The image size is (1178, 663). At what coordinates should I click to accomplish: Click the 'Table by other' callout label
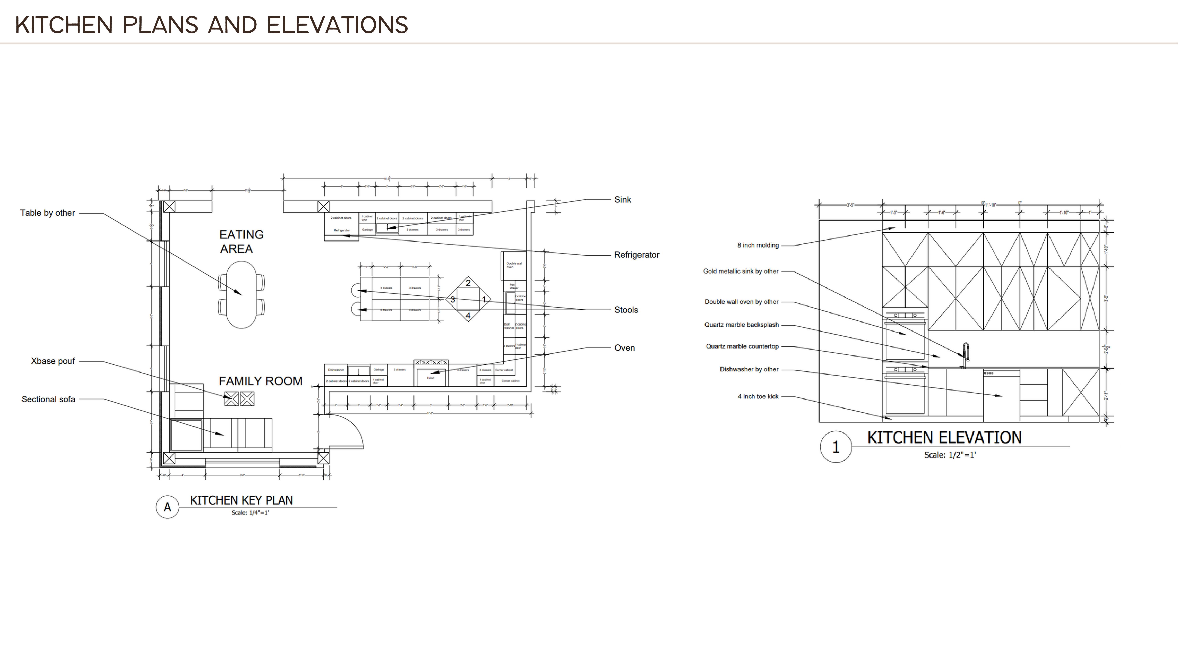click(x=48, y=213)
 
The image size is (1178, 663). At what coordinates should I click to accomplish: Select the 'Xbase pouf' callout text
click(x=53, y=361)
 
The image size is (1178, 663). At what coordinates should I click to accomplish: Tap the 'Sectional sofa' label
click(x=48, y=399)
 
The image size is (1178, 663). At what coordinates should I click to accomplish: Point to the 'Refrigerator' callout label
click(x=637, y=255)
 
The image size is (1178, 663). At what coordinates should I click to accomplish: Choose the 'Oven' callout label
click(x=624, y=348)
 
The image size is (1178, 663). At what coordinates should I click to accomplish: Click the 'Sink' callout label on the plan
click(x=622, y=200)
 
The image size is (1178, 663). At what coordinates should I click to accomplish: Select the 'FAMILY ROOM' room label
click(x=260, y=381)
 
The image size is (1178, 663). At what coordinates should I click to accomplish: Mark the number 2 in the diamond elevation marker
click(x=468, y=283)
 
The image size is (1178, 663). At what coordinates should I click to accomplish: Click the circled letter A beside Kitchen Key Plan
click(x=167, y=507)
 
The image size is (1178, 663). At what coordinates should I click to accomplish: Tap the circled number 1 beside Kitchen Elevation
click(x=835, y=447)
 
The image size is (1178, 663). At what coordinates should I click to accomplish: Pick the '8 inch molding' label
click(x=758, y=245)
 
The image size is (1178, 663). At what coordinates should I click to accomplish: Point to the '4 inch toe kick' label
click(x=758, y=397)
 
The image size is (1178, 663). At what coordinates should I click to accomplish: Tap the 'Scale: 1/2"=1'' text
click(x=950, y=455)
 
